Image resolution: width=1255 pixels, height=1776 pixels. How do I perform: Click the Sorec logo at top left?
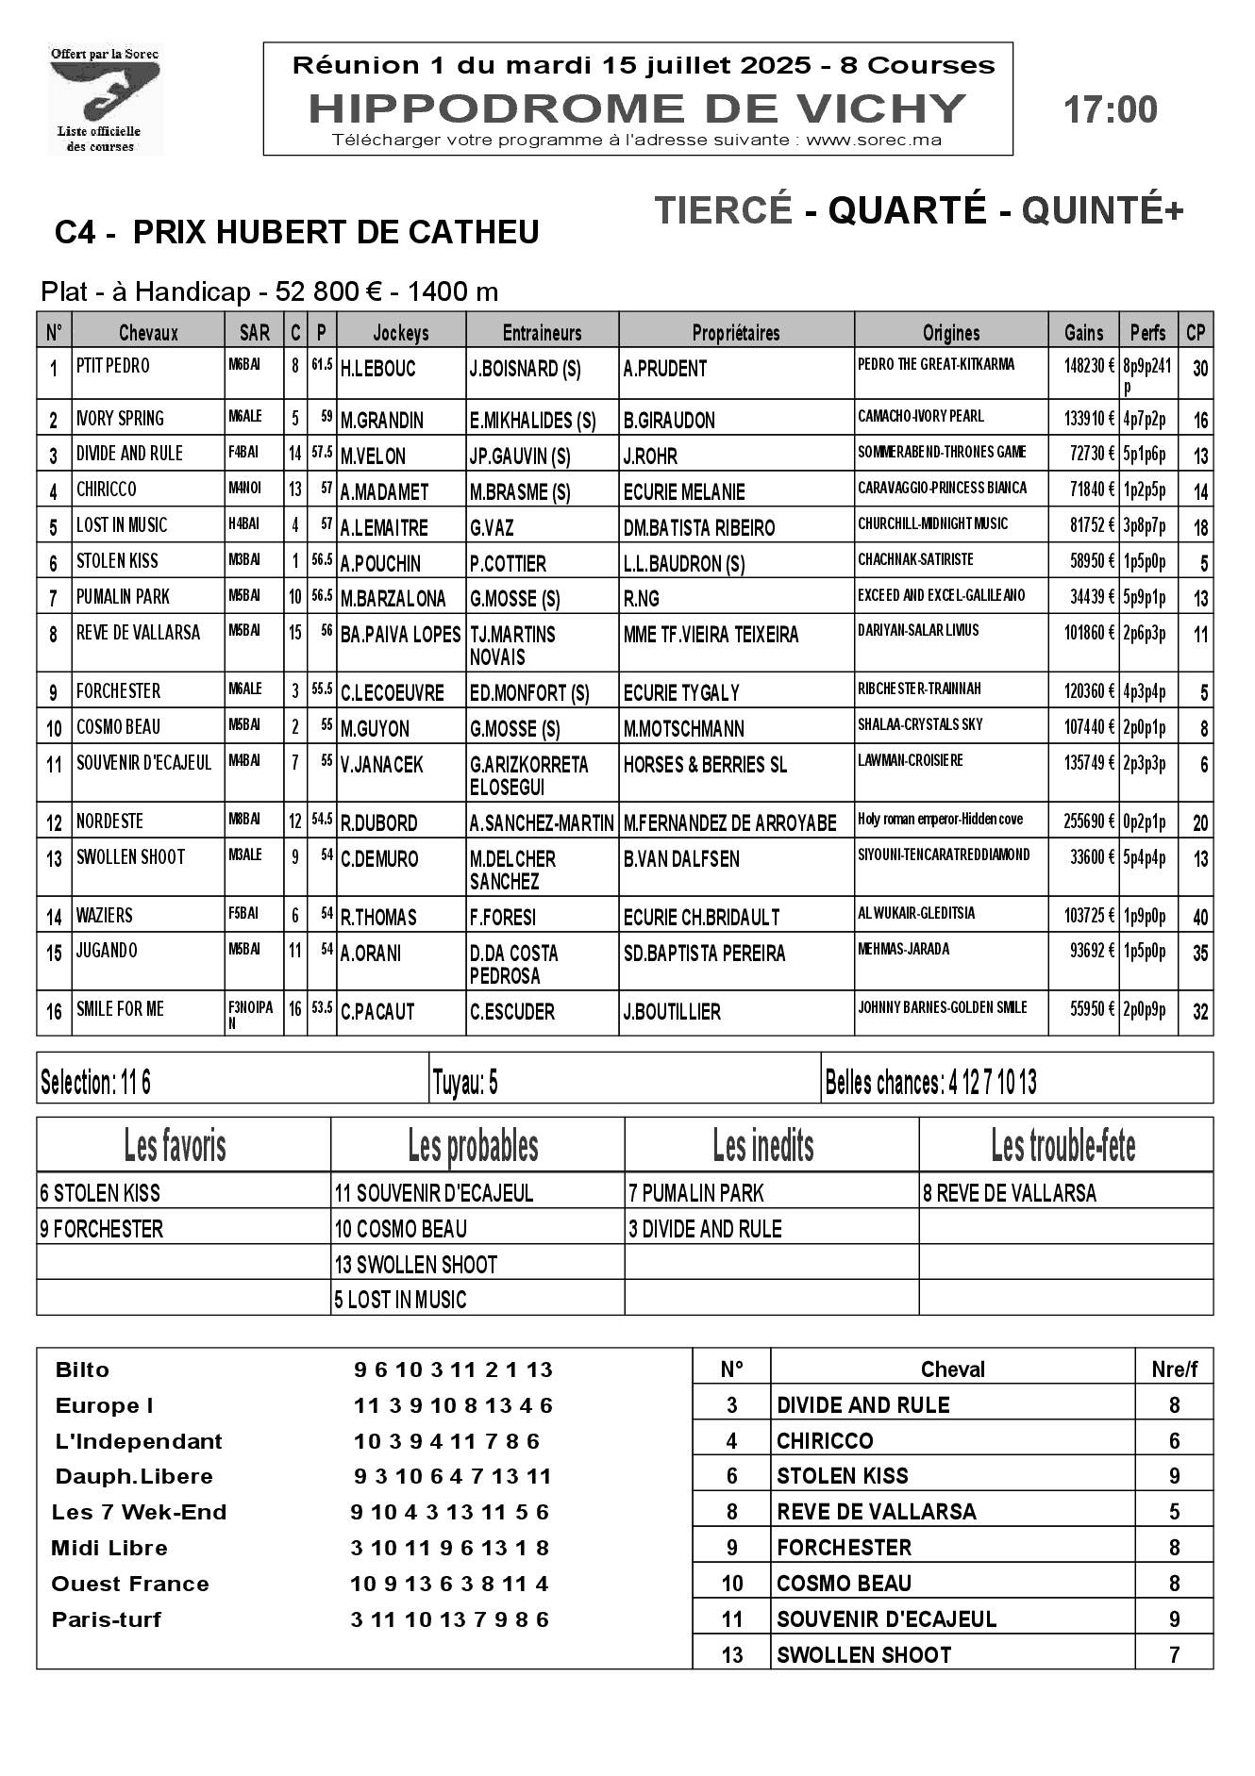point(105,98)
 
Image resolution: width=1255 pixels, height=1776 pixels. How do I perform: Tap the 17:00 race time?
point(1110,110)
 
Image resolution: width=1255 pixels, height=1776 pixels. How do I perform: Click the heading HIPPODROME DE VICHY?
point(637,108)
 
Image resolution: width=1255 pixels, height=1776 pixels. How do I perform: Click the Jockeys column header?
point(401,332)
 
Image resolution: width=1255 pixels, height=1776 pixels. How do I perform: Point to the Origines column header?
point(951,332)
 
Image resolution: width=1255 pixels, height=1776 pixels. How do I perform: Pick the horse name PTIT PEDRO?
point(112,366)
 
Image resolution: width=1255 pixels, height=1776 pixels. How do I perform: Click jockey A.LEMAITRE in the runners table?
point(384,527)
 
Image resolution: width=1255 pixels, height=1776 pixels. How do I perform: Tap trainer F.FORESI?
point(503,917)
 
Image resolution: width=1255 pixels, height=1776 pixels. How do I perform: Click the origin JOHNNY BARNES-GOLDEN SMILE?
point(942,1007)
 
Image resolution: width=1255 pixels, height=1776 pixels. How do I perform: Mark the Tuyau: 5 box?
point(465,1083)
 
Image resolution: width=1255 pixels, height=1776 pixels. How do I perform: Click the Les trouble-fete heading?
point(1063,1146)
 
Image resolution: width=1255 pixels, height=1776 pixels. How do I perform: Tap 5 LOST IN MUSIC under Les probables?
point(400,1300)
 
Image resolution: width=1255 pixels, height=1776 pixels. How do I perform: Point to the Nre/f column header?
point(1174,1369)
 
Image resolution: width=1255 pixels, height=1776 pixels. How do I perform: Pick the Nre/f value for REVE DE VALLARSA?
point(1174,1512)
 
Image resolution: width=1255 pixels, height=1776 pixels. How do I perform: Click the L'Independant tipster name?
point(138,1441)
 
